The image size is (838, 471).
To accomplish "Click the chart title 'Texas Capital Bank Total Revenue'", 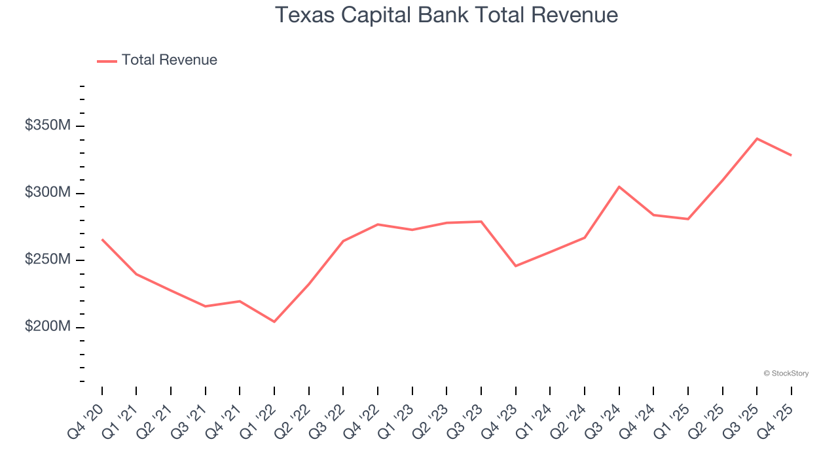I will pyautogui.click(x=446, y=15).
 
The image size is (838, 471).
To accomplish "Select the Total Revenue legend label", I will pyautogui.click(x=169, y=60).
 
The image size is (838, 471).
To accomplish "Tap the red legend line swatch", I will pyautogui.click(x=107, y=61).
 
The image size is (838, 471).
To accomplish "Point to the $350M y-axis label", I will pyautogui.click(x=47, y=125).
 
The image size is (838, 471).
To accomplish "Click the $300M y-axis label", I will pyautogui.click(x=47, y=192).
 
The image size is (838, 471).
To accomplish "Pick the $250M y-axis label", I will pyautogui.click(x=47, y=260).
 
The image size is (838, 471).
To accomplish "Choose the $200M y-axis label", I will pyautogui.click(x=47, y=326).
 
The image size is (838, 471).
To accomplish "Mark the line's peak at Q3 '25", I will pyautogui.click(x=757, y=139).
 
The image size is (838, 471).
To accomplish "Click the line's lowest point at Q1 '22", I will pyautogui.click(x=274, y=322).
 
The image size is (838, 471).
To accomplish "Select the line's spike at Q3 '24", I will pyautogui.click(x=619, y=187).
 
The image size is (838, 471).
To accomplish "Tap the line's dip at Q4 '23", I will pyautogui.click(x=516, y=266).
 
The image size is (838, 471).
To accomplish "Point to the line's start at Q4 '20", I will pyautogui.click(x=102, y=239).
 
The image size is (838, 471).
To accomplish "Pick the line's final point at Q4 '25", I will pyautogui.click(x=792, y=155).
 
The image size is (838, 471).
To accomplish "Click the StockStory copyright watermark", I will pyautogui.click(x=786, y=374).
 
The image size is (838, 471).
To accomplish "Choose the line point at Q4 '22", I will pyautogui.click(x=378, y=224).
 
